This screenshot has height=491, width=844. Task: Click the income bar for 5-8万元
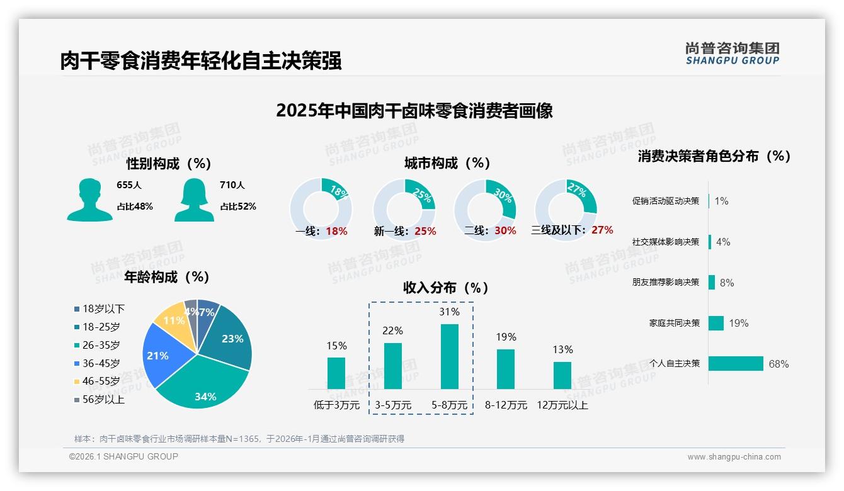[449, 356]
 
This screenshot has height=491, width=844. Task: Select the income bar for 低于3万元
[336, 373]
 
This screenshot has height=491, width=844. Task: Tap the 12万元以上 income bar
[562, 375]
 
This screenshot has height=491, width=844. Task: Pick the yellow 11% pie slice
[171, 319]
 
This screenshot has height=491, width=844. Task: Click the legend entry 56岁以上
[99, 400]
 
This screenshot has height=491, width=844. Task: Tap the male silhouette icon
[89, 200]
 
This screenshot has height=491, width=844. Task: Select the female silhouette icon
[194, 200]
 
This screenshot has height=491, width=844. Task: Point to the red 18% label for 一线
[336, 231]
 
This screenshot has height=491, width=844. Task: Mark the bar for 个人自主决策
[736, 363]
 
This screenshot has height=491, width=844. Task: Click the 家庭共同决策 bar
[716, 323]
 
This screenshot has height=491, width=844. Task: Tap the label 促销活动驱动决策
[666, 201]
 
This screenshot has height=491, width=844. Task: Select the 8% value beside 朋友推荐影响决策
[727, 283]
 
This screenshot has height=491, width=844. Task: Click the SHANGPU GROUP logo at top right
[732, 54]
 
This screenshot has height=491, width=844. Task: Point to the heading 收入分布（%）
[446, 288]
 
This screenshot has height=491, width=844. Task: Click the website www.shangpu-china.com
[734, 457]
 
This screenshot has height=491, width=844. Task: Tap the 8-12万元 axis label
[506, 405]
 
